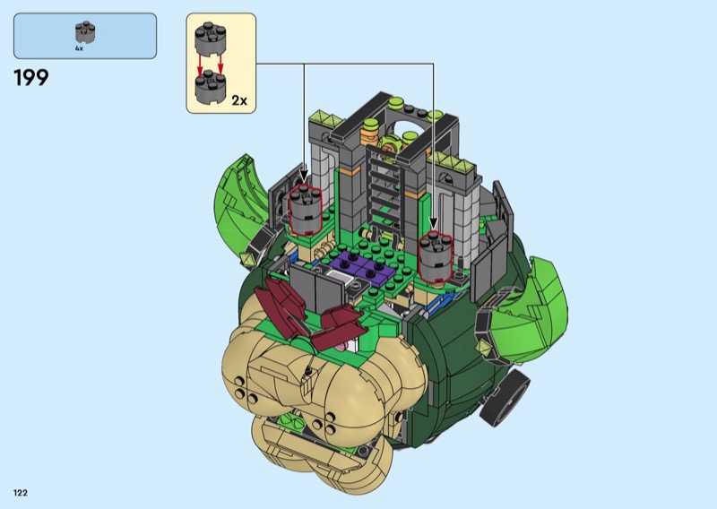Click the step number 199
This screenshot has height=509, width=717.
tap(31, 78)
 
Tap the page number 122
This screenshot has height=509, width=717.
tap(21, 493)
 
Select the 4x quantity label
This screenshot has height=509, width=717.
tap(79, 48)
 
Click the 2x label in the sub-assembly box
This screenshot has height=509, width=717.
tap(239, 100)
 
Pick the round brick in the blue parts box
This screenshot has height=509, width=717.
tap(85, 32)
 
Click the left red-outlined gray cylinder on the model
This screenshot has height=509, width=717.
tap(306, 210)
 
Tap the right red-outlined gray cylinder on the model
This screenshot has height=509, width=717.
tap(436, 256)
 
